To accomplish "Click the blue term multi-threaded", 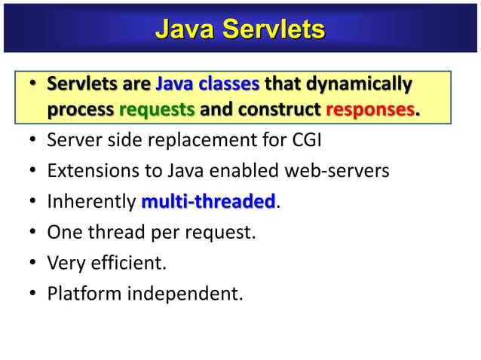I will tap(209, 202).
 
